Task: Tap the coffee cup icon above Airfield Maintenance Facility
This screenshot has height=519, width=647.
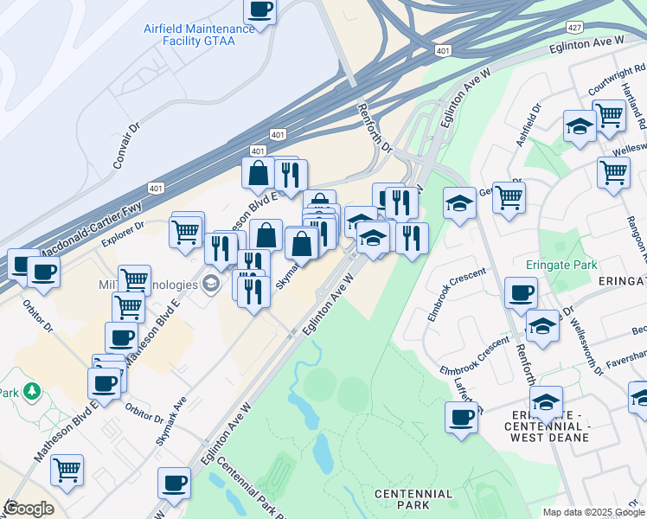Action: pyautogui.click(x=259, y=10)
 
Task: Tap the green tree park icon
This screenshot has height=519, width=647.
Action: pyautogui.click(x=32, y=392)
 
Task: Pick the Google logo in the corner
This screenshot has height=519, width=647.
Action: pyautogui.click(x=29, y=509)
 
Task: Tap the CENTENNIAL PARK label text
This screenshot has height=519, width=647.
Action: pyautogui.click(x=413, y=499)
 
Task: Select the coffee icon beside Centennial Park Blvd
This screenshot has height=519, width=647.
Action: pyautogui.click(x=173, y=482)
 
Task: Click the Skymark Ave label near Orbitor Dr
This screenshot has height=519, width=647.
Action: pyautogui.click(x=171, y=424)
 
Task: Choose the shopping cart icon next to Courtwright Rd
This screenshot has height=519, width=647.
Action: pyautogui.click(x=609, y=113)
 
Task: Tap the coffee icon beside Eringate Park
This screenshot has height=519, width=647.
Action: pyautogui.click(x=520, y=293)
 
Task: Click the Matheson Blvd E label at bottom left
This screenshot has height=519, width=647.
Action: pyautogui.click(x=62, y=432)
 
